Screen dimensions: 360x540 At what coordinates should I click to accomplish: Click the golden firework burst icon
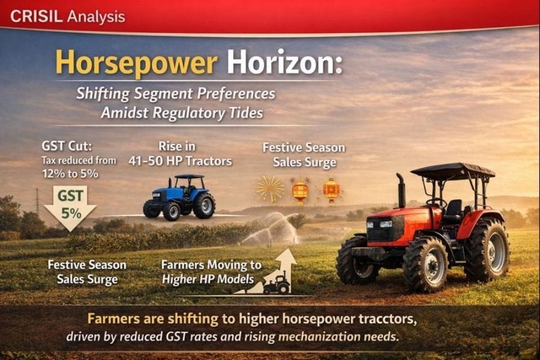pos(271,188)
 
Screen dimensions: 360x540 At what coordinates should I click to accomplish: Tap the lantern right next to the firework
pos(299,190)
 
